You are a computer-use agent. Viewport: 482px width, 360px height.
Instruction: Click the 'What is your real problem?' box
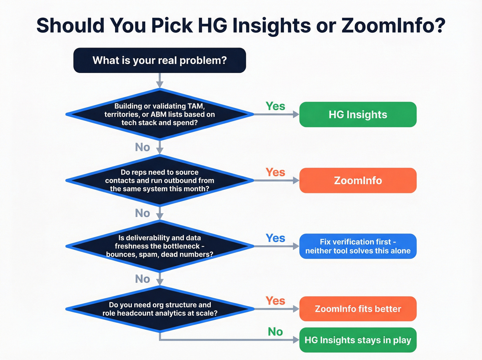[159, 60]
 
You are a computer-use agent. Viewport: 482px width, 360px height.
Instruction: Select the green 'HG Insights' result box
[358, 114]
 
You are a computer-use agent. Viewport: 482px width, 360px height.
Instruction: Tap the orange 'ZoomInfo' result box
[358, 181]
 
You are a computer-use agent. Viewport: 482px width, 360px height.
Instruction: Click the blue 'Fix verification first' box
[358, 246]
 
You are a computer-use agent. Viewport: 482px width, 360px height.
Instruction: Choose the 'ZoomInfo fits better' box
[358, 309]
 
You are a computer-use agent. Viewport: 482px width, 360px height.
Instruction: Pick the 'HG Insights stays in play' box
[358, 340]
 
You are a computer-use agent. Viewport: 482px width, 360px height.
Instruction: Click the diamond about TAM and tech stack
[159, 114]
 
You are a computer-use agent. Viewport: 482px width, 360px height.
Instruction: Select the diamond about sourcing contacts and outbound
[159, 181]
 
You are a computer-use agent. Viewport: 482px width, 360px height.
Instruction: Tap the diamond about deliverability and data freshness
[159, 246]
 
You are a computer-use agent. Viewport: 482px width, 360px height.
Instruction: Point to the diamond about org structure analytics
[159, 309]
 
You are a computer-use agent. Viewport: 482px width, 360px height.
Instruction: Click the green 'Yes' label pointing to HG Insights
[275, 106]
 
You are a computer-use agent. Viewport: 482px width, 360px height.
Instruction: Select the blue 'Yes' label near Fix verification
[275, 238]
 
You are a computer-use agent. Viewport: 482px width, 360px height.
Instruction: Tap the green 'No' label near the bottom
[275, 332]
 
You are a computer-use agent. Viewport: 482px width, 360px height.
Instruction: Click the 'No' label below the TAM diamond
[143, 147]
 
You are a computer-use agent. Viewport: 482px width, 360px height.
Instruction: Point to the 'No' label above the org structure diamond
[143, 279]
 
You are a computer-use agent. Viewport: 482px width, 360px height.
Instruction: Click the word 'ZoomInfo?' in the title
[394, 25]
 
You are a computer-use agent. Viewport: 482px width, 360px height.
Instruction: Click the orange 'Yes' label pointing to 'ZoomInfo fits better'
[275, 301]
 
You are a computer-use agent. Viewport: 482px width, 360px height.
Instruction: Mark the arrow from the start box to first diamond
[159, 81]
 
